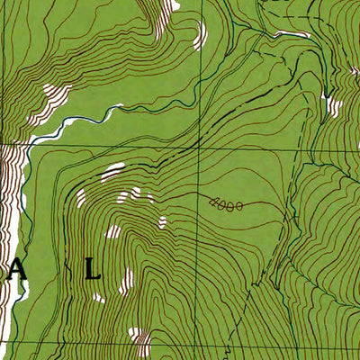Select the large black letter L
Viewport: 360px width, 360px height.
93,269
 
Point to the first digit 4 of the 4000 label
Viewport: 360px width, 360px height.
211,202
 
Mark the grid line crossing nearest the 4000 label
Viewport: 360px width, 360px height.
200,145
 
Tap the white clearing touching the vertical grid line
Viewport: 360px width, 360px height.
201,36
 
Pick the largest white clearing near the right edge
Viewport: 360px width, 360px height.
334,106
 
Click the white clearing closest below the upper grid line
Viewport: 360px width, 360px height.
113,171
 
